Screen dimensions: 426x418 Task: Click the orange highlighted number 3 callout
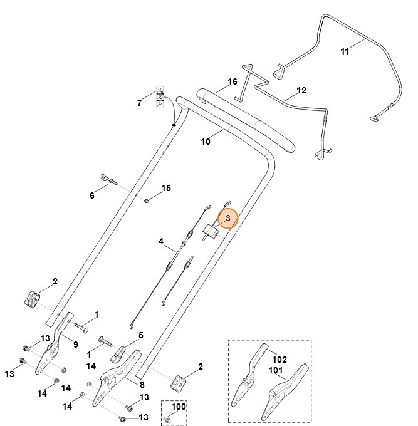point(228,218)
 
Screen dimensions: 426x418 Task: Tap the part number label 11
point(345,51)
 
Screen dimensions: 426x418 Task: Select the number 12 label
point(301,90)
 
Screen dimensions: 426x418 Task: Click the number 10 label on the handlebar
point(206,142)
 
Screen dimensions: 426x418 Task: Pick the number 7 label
point(140,103)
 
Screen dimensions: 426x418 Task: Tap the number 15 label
point(166,188)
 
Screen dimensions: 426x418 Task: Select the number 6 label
point(92,195)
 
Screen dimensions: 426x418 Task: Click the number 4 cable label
point(161,241)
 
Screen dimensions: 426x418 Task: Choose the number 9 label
point(75,344)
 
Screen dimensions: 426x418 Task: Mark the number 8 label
point(142,385)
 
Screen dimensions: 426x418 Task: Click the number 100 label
point(179,407)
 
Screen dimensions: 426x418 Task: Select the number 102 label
point(279,359)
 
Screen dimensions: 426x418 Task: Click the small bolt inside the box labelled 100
point(167,418)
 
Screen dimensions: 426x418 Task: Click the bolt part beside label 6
point(108,180)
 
